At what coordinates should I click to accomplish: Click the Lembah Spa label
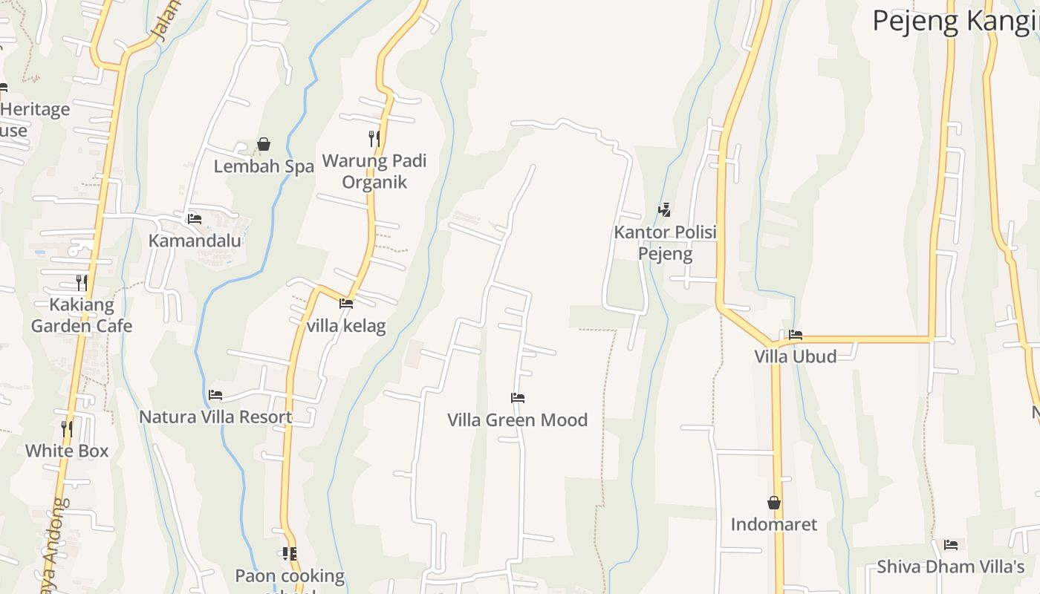coord(264,166)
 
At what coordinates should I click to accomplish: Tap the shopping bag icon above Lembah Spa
coord(264,144)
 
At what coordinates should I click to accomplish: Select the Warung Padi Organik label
coord(374,172)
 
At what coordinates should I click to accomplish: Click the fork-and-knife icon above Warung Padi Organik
coord(374,138)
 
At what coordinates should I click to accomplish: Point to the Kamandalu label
coord(195,241)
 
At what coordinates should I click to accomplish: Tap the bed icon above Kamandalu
coord(195,218)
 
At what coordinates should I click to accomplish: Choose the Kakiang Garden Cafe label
coord(82,315)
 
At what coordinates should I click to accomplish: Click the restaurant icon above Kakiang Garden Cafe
coord(82,282)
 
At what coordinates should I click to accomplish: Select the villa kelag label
coord(346,325)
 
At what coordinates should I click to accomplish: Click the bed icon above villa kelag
coord(346,303)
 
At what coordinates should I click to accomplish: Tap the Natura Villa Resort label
coord(215,417)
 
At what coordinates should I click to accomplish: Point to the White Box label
coord(67,451)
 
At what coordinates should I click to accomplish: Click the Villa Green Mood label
coord(517,420)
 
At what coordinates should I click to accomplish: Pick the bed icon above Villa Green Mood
coord(518,398)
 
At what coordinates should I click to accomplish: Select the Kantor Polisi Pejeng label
coord(665,243)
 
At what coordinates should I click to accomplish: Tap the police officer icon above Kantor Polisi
coord(665,210)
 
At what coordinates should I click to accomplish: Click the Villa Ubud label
coord(795,356)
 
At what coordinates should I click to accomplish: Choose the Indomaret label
coord(773,524)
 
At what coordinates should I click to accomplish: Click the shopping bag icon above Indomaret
coord(774,503)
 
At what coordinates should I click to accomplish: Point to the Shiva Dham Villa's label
coord(950,567)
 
